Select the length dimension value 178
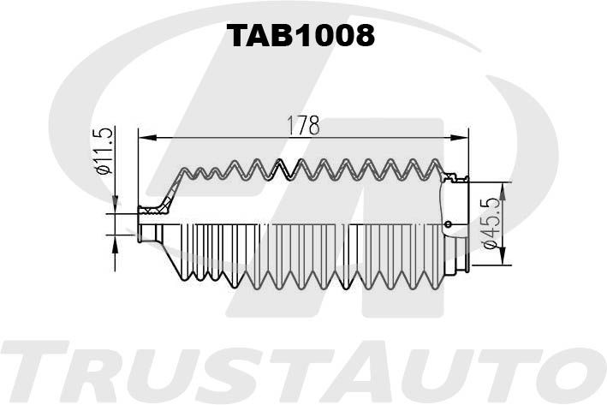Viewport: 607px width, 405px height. pos(302,126)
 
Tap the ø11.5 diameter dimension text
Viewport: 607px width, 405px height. pos(104,151)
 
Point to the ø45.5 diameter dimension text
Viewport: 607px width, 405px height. pos(493,224)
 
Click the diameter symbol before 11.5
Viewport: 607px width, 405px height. pos(104,168)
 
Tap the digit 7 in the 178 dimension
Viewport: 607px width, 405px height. pos(302,126)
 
